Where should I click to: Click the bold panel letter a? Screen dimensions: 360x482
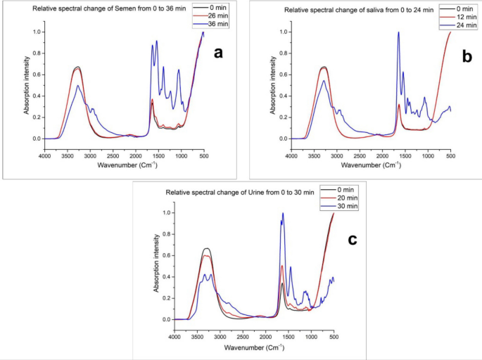pyautogui.click(x=218, y=53)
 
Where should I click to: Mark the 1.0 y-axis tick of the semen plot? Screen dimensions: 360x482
pyautogui.click(x=37, y=32)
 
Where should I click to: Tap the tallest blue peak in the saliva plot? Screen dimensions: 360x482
pyautogui.click(x=398, y=32)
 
